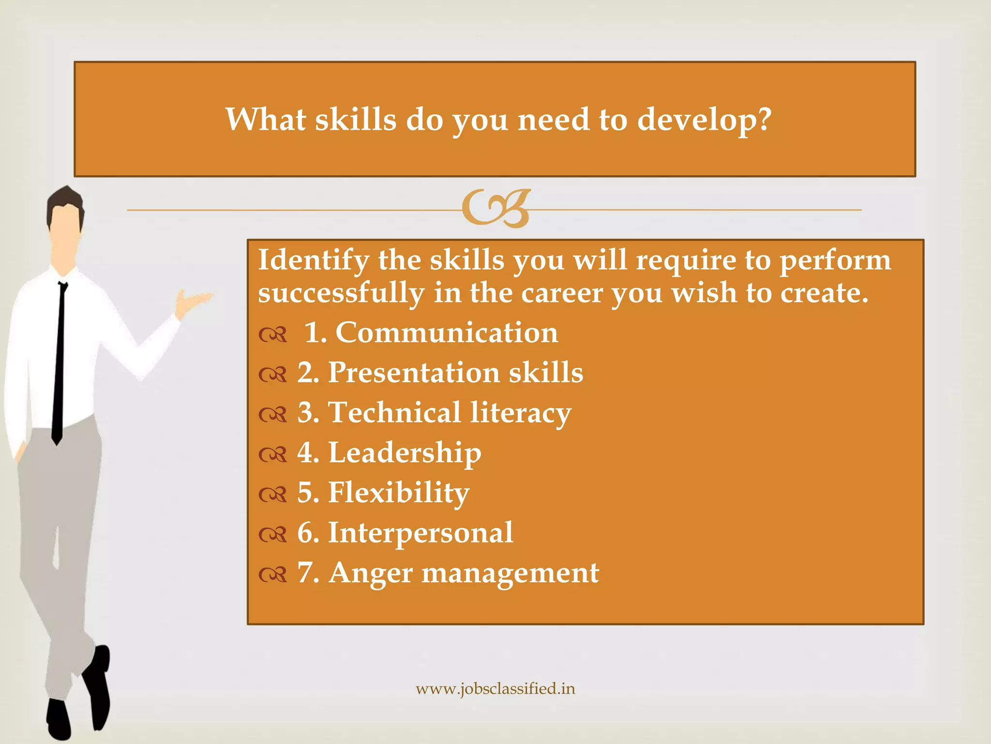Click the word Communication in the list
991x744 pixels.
[x=447, y=333]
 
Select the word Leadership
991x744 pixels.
[x=405, y=453]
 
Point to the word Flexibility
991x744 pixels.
[x=399, y=493]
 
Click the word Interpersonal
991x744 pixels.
[x=420, y=533]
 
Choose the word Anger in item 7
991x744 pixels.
[x=370, y=573]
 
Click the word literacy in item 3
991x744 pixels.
[x=521, y=413]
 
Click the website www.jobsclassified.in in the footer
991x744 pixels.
[x=495, y=689]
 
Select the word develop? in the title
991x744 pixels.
[x=704, y=120]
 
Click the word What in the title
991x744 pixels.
[x=266, y=119]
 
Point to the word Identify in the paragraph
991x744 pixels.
[x=313, y=261]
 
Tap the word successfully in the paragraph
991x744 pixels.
[x=341, y=294]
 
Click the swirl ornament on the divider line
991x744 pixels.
[x=496, y=209]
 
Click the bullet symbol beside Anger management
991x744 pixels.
[x=273, y=575]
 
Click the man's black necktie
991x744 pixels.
[x=60, y=363]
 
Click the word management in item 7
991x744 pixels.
[x=511, y=573]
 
